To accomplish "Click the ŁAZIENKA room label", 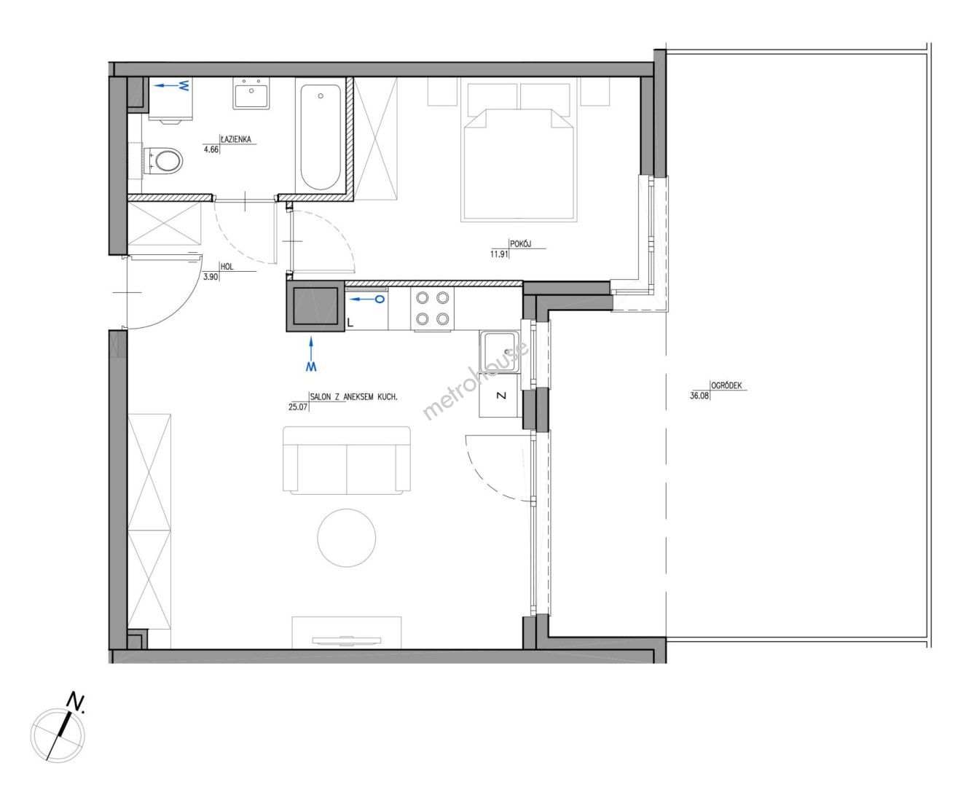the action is point(236,139).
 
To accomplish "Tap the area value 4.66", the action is point(211,149).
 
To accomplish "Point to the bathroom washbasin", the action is point(251,93).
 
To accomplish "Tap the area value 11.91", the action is point(499,254).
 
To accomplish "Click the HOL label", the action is point(227,267).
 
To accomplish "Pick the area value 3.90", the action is point(211,277).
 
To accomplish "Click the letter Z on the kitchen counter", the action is point(501,396).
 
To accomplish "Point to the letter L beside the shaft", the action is point(350,323).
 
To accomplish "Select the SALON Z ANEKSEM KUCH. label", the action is point(353,396).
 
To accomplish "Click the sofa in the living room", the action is point(347,461).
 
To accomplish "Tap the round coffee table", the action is point(347,538).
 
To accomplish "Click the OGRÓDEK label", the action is point(726,385).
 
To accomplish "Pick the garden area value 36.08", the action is point(699,396).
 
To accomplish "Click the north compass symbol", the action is point(58,735).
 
